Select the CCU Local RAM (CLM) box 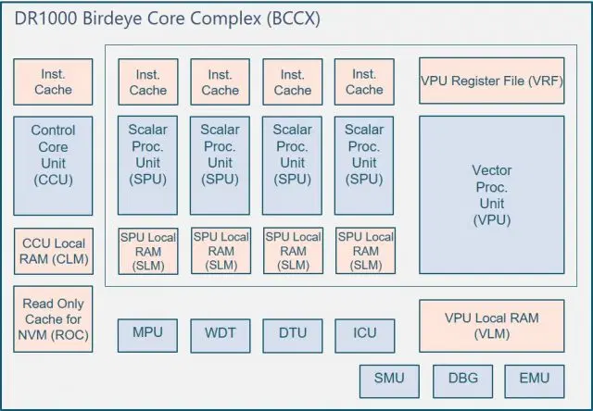(53, 251)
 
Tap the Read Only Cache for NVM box (53, 318)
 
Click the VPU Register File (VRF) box (492, 81)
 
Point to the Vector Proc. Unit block (492, 195)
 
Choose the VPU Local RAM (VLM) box (492, 325)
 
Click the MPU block (147, 333)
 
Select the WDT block (220, 333)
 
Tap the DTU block (292, 333)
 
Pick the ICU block (364, 333)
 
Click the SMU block (389, 379)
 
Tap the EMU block (535, 379)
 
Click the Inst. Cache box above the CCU (53, 81)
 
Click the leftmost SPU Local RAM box (147, 251)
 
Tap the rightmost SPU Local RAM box (364, 251)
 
